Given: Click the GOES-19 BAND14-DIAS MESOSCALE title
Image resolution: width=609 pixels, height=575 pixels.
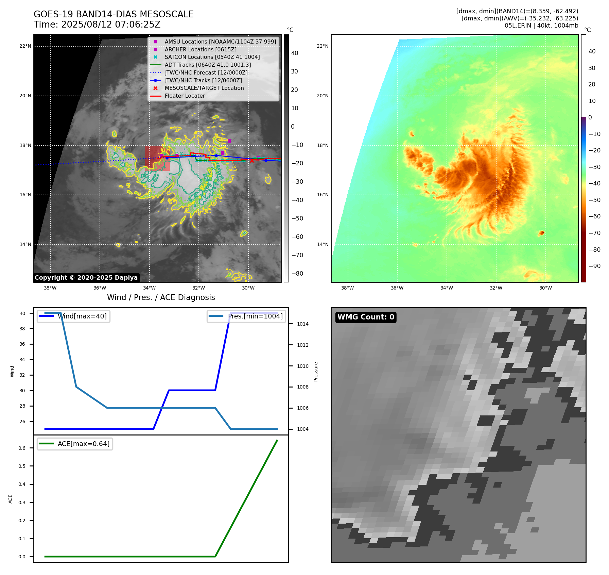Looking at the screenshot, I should (114, 14).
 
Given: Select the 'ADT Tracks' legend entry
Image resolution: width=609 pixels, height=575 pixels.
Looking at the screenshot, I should (208, 65).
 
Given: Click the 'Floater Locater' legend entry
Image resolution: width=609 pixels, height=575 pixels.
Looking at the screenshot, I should (185, 96).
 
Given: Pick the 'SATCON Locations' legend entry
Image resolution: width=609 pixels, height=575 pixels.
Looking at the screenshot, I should (212, 57).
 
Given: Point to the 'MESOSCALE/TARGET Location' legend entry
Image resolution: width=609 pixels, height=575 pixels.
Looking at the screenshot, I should (204, 88).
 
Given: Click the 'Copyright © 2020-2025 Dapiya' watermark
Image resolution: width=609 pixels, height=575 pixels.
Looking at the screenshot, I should (86, 278).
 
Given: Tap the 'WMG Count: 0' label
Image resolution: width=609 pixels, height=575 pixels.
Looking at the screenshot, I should (366, 317).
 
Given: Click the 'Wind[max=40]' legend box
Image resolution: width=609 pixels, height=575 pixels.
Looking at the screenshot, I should (73, 316).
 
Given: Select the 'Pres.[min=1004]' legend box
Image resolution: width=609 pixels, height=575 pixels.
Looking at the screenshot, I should (246, 316).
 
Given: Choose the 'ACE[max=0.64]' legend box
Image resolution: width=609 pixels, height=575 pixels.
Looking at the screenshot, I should (75, 444).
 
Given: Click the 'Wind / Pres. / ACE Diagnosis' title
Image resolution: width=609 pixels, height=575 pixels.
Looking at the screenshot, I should (161, 297).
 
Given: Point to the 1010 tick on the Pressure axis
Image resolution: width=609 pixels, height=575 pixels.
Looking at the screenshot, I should (302, 366).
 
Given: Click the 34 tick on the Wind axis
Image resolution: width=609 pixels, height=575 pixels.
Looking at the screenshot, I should (22, 360).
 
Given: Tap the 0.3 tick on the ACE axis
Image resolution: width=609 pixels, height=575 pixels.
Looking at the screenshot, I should (22, 503).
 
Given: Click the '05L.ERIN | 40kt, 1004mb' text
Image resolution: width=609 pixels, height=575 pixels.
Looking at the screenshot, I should (541, 26).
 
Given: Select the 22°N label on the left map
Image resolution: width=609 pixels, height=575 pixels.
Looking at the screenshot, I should (25, 46).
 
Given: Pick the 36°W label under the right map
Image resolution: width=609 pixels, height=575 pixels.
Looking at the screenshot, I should (397, 288).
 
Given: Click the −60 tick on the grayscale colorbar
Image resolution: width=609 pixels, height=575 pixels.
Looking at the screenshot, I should (297, 237).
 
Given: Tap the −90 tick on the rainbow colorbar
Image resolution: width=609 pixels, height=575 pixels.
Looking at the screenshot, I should (594, 266).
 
